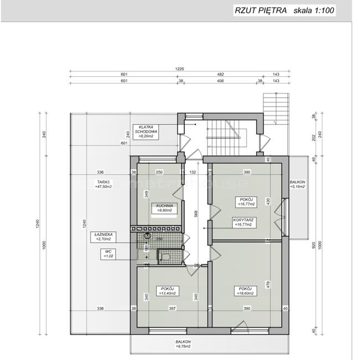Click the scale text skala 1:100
314,10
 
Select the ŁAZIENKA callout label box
104,237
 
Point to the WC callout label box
105,254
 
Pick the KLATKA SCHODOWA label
149,129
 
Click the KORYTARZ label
245,222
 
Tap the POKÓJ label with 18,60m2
245,291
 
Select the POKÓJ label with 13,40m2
167,291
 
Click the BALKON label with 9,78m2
183,344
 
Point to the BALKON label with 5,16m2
297,184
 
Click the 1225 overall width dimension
179,69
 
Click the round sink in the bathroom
147,237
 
